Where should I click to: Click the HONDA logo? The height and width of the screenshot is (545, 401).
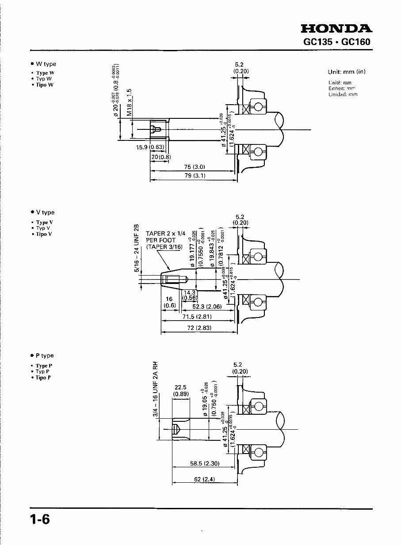tap(336, 29)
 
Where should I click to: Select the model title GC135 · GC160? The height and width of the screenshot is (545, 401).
tap(337, 42)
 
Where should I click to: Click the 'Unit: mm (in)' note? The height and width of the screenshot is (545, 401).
tap(347, 72)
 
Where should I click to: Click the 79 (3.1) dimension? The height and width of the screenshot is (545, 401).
tap(195, 176)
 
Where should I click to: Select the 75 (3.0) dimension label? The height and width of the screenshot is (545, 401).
tap(195, 167)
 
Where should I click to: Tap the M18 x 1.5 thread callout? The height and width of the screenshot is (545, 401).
tap(129, 102)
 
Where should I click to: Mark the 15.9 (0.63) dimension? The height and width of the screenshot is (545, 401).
tap(150, 147)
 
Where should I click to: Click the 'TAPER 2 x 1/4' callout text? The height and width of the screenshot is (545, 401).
tap(165, 234)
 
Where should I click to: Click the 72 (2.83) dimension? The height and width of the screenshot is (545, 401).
tap(197, 328)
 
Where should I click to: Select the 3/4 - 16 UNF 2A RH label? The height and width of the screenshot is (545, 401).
tap(155, 390)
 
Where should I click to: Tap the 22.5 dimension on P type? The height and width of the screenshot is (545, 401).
tap(181, 387)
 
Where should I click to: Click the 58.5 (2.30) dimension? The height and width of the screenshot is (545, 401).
tap(205, 464)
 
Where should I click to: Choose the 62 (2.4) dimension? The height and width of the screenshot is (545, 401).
tap(204, 480)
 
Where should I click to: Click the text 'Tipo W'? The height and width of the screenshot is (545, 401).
tap(45, 85)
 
